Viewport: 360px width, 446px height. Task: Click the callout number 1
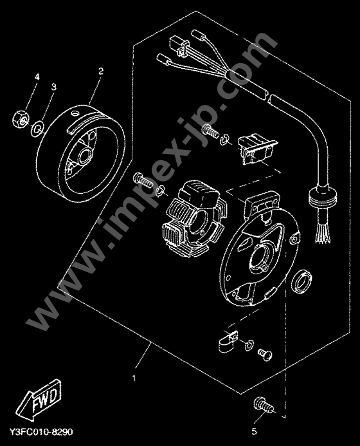coord(134,378)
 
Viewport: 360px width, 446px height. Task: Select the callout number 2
coord(101,71)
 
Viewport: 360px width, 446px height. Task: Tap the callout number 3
coord(54,87)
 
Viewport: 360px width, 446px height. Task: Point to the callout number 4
coord(37,77)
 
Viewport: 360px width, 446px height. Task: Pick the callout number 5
coord(255,431)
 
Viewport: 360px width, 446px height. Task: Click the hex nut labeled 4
coord(21,119)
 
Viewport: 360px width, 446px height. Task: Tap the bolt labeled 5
coord(263,405)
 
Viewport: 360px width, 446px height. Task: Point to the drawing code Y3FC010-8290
coord(42,432)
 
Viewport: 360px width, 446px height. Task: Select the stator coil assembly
coord(195,218)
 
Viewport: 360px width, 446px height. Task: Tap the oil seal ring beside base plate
coord(301,282)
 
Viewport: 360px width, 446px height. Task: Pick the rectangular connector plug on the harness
coord(179,46)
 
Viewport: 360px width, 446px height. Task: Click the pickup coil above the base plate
coord(257,149)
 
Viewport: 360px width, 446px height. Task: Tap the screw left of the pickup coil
coord(211,131)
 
